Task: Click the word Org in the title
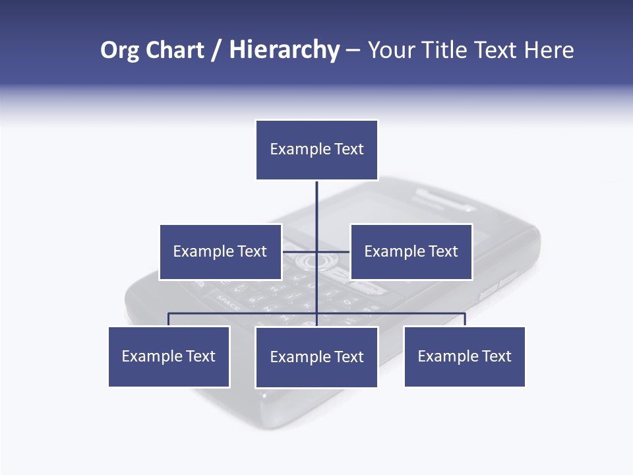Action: pos(119,50)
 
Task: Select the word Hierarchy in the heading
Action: pos(284,50)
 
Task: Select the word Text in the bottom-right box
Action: pos(497,356)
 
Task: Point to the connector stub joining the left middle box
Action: pos(299,251)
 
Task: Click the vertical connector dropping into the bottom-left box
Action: pos(169,319)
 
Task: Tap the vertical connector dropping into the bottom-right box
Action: pos(465,319)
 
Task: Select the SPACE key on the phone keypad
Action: pos(228,305)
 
